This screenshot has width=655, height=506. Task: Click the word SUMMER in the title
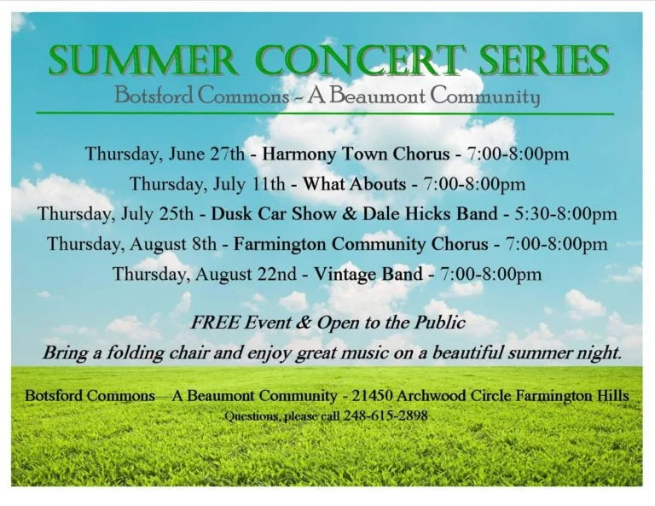tap(143, 60)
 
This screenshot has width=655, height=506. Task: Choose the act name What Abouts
tap(354, 183)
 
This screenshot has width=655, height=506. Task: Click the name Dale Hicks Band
tap(430, 214)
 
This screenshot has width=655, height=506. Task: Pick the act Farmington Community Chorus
tap(361, 244)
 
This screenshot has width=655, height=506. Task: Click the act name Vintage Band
tap(368, 274)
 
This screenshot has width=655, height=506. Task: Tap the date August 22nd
tap(246, 275)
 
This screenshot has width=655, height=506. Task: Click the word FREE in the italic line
tap(216, 323)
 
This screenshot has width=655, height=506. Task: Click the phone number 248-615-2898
tap(385, 416)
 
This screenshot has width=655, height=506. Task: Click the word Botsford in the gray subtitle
tap(154, 96)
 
